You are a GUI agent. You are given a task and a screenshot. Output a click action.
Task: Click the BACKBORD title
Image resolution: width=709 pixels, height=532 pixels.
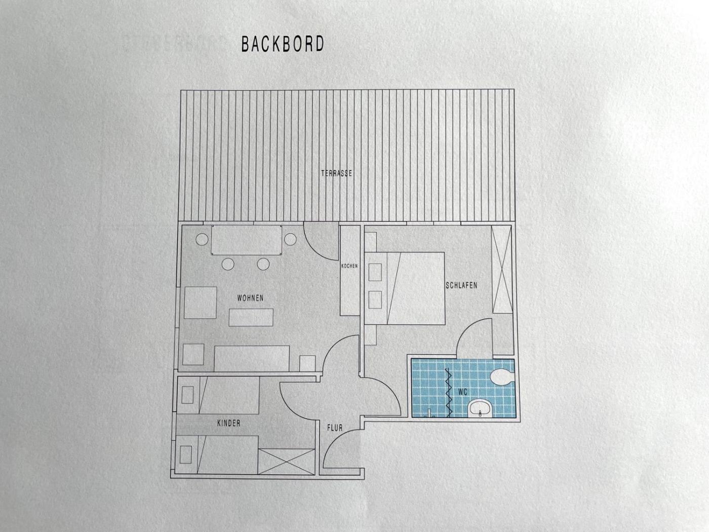coord(283,44)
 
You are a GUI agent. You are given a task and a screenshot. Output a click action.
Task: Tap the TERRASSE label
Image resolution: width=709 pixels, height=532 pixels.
coord(337,173)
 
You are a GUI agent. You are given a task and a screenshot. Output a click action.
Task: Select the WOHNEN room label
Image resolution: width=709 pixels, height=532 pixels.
coord(250,298)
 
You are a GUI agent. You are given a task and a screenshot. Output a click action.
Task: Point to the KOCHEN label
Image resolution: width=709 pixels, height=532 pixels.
coord(349,266)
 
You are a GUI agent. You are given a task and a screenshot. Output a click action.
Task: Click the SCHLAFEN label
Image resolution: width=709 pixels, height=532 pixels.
coord(461,285)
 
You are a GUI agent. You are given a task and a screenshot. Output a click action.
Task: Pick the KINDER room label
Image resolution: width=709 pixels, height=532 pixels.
coord(229,423)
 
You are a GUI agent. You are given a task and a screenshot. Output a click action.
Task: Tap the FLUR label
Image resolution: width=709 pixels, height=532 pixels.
coord(335,428)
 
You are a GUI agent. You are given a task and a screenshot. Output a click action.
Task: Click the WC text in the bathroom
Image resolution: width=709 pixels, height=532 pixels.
coord(463,392)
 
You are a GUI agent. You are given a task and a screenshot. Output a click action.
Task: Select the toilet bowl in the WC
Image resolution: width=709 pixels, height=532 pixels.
coord(502,377)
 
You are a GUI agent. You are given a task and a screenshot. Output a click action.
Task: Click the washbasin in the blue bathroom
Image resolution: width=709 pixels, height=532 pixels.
coord(480,408)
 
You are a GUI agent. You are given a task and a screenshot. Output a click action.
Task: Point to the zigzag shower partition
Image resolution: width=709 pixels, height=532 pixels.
coord(448,393)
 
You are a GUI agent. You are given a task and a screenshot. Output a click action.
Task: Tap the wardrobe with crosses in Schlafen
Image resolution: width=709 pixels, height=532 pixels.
coord(502,269)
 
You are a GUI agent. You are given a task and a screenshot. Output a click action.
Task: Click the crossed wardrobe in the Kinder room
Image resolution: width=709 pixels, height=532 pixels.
coord(287,462)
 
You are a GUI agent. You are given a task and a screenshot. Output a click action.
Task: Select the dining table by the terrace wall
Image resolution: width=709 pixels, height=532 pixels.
coord(247,240)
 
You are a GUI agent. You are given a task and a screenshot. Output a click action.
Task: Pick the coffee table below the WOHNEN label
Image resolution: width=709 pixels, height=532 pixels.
coord(251,317)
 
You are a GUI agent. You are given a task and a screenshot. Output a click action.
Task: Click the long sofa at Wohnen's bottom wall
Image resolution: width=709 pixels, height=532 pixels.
coord(252,359)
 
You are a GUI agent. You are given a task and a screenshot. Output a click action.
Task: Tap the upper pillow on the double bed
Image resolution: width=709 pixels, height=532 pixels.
coord(375,272)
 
